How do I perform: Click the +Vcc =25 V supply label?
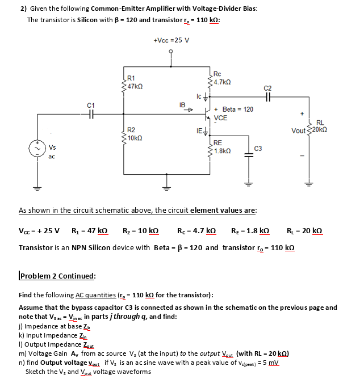pyautogui.click(x=171, y=40)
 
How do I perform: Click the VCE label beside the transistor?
pyautogui.click(x=220, y=118)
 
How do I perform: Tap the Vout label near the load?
pyautogui.click(x=299, y=131)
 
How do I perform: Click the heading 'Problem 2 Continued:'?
pyautogui.click(x=57, y=276)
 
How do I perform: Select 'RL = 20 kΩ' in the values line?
pyautogui.click(x=306, y=231)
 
